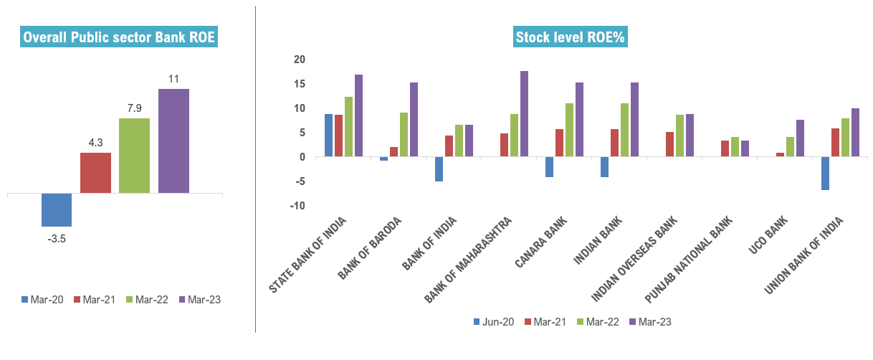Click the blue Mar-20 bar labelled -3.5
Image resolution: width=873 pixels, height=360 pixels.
(57, 209)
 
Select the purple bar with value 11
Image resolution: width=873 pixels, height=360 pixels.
(173, 141)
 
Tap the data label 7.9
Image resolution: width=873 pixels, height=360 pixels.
(134, 108)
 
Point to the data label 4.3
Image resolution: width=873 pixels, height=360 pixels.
(95, 142)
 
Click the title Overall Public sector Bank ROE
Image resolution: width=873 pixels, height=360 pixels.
(119, 37)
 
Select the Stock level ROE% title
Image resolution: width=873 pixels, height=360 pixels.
(571, 37)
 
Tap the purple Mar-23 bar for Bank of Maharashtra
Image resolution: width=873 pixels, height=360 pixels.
(524, 113)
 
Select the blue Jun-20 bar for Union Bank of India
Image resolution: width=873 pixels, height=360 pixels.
(825, 173)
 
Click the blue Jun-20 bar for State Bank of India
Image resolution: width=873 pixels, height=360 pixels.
(328, 135)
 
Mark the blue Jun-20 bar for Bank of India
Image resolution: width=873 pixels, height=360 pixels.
(439, 169)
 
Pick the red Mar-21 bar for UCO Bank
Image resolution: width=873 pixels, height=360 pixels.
(780, 154)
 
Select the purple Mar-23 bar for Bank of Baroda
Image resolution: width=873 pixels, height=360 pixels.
(414, 119)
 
